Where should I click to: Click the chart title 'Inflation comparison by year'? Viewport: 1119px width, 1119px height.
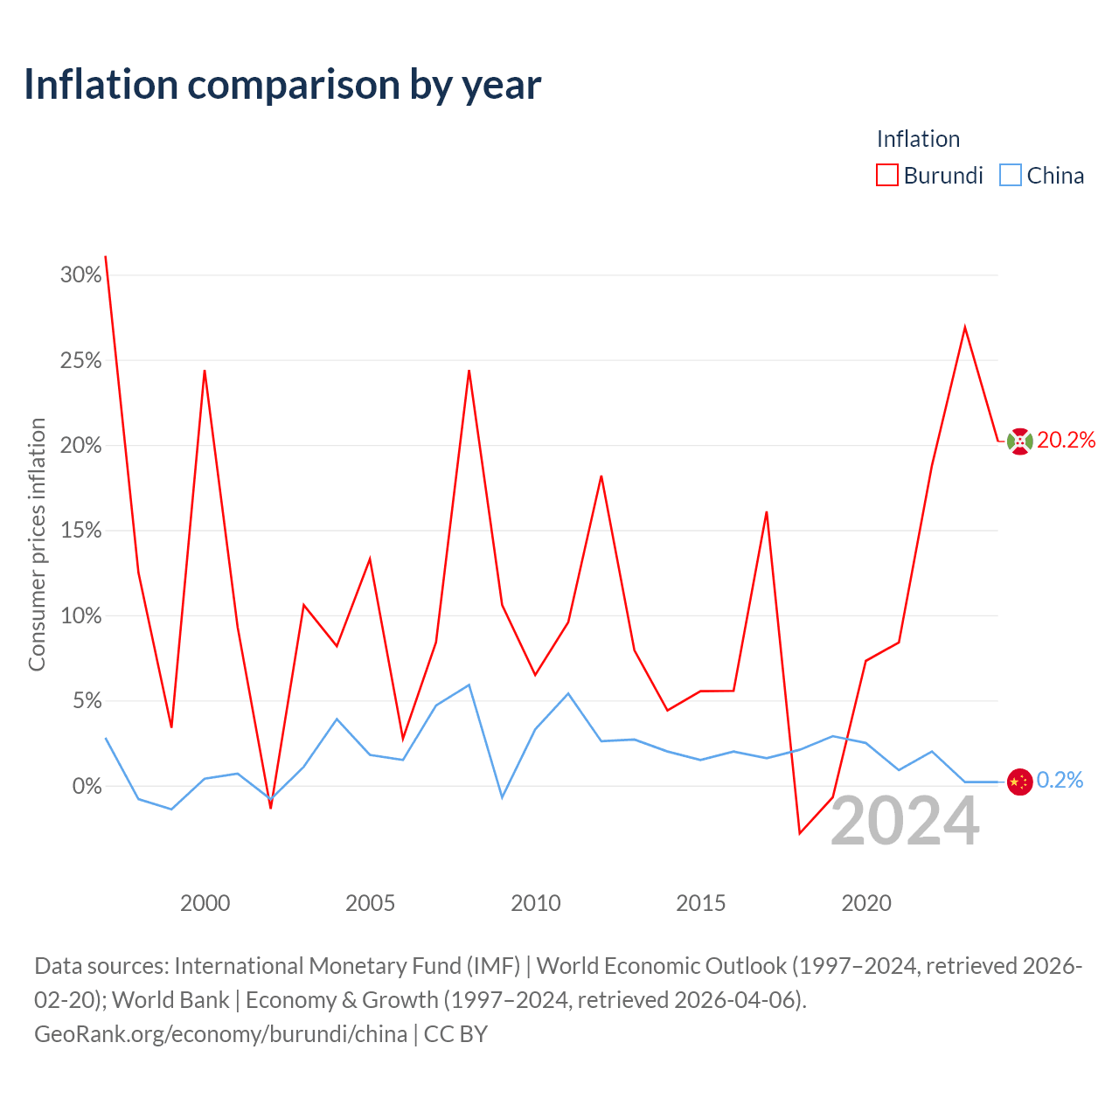click(282, 86)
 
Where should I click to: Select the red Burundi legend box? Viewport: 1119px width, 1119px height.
click(886, 175)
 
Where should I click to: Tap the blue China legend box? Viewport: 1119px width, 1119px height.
click(1010, 175)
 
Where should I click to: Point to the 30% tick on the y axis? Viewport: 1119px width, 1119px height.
click(80, 275)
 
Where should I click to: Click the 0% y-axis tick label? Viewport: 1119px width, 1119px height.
click(87, 786)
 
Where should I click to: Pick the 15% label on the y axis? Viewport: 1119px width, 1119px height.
click(80, 530)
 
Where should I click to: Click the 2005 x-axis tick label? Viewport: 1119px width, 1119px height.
click(370, 903)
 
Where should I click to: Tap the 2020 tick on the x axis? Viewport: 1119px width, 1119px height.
click(865, 903)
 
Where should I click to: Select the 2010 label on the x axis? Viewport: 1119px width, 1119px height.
click(535, 903)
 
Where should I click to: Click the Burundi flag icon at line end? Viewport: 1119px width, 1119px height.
click(1019, 441)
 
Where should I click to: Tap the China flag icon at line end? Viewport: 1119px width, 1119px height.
click(1019, 782)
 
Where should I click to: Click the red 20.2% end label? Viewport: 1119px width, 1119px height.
click(1067, 440)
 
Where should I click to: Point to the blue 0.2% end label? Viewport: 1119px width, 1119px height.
click(1060, 781)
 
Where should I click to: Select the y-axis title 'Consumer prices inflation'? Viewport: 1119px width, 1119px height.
click(37, 545)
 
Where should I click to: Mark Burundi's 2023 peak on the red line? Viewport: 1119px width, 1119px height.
click(964, 327)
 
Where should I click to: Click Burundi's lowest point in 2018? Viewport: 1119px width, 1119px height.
click(800, 833)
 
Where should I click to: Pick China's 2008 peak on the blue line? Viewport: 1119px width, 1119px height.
click(469, 685)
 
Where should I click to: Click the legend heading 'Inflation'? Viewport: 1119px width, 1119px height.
click(918, 139)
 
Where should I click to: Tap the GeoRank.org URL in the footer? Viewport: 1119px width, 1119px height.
click(220, 1034)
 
